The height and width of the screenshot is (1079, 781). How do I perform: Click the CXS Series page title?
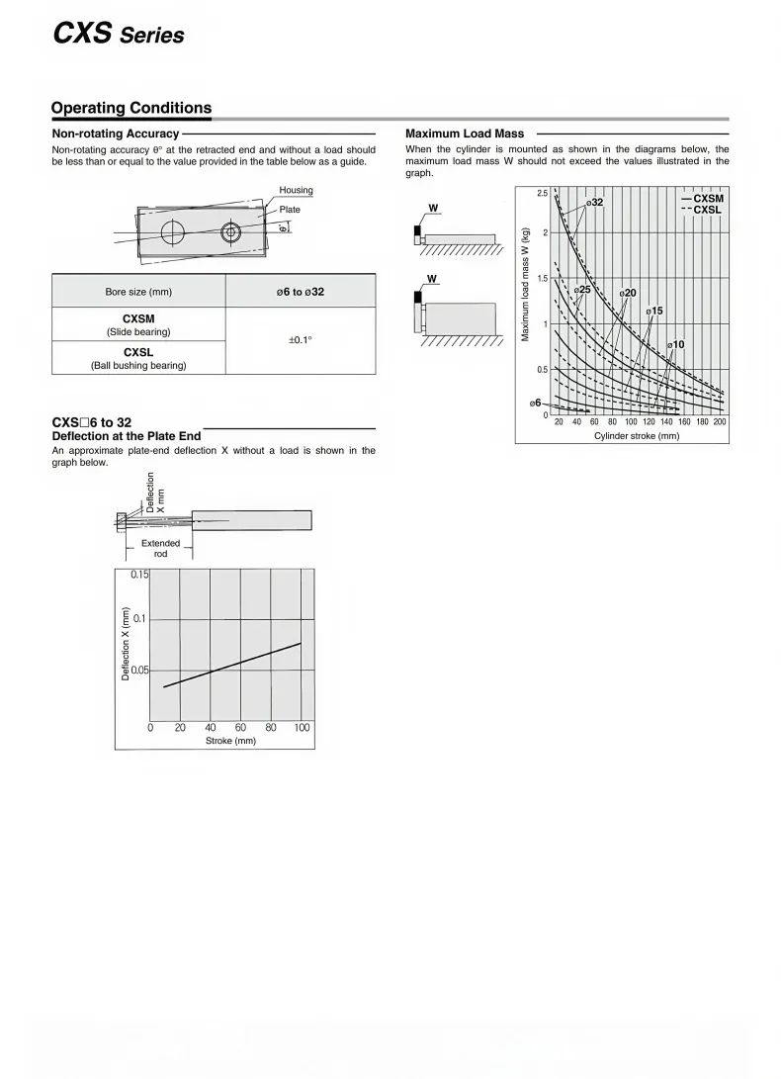tap(118, 34)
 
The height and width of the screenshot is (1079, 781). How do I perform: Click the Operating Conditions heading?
tap(131, 108)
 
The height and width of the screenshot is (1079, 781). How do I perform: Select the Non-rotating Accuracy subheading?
tap(115, 134)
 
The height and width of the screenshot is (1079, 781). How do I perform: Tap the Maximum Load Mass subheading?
tap(465, 134)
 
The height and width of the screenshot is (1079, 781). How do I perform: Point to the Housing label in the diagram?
tap(296, 190)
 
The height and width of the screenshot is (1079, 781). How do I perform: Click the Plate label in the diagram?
tap(290, 210)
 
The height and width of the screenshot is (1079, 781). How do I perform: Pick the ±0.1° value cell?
tap(301, 340)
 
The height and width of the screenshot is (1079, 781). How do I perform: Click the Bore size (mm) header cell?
tap(138, 292)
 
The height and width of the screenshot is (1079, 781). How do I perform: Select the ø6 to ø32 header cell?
tap(301, 292)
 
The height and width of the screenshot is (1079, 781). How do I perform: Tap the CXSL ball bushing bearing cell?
tap(138, 358)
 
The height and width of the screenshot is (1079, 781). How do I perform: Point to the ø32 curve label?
tap(594, 202)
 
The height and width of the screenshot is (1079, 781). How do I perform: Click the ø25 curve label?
tap(582, 290)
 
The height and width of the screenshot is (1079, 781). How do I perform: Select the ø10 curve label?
tap(675, 344)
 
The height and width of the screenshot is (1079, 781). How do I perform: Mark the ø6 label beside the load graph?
tap(535, 403)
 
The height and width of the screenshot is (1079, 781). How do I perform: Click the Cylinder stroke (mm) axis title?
tap(637, 436)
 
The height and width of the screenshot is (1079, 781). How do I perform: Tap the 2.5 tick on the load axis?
tap(543, 193)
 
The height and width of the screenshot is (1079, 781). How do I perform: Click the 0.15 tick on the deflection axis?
tap(139, 575)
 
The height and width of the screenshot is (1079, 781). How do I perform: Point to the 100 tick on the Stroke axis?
tap(303, 727)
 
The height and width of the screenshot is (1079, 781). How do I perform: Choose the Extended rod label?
tap(161, 548)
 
